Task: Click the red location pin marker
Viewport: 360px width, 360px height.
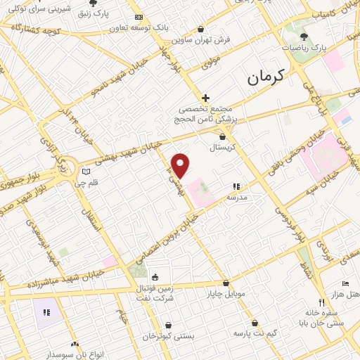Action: [181, 165]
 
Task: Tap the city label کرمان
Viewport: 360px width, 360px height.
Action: [264, 78]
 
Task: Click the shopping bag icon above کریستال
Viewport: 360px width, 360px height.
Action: [223, 137]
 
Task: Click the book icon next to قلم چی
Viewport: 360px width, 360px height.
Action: [86, 171]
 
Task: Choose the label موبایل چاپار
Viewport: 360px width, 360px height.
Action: [224, 294]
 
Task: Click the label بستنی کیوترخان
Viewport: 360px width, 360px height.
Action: [167, 336]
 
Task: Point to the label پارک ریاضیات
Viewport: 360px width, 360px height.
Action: [304, 48]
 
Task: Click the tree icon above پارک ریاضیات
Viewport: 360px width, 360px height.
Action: [304, 36]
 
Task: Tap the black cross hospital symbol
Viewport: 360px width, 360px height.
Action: [205, 98]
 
